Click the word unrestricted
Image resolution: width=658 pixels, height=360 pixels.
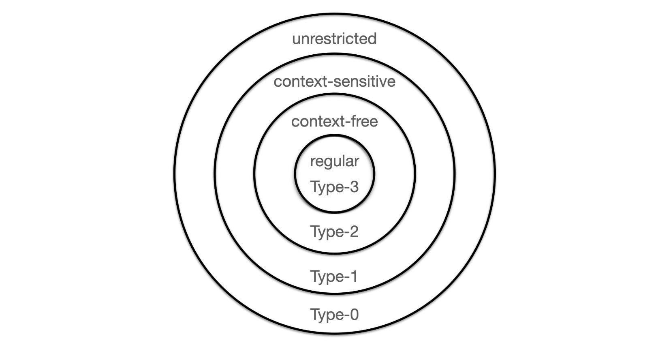pos(334,39)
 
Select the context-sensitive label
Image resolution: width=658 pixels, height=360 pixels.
pos(335,81)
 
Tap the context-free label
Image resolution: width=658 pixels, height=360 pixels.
pos(335,121)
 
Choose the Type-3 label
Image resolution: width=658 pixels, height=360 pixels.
pos(335,187)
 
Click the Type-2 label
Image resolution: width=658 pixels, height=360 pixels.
pos(335,232)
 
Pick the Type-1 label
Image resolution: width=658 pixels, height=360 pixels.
pos(334,277)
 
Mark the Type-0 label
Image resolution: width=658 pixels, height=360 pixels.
pos(335,315)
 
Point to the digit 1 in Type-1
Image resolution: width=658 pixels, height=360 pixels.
pos(353,276)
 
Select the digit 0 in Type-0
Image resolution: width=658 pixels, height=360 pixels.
pos(354,314)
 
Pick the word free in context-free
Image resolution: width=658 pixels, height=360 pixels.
pos(364,121)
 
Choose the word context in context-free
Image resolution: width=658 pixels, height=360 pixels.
pos(317,122)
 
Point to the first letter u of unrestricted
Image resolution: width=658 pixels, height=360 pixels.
pos(296,40)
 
